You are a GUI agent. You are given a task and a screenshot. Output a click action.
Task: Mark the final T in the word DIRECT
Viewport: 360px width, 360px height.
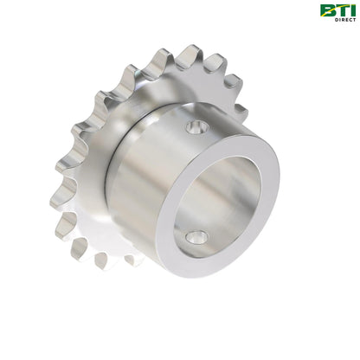(x=352, y=18)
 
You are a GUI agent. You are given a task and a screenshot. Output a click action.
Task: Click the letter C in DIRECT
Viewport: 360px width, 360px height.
(x=349, y=18)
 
